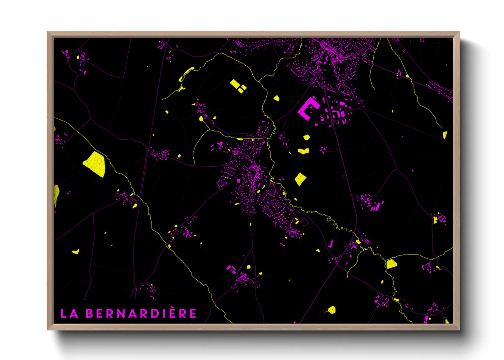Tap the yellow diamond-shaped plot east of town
pos(300,179)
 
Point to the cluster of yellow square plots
pos(238,86)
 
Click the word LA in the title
pos(69,314)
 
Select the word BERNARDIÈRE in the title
pos(141,314)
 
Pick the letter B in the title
pos(89,314)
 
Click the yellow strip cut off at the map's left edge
pos(56,195)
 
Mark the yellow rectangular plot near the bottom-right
pos(391,264)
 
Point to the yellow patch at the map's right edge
pos(445,135)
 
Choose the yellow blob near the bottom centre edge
pos(331,310)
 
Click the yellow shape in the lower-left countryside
pos(76,252)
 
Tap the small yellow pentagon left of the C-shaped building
pos(277,98)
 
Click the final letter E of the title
pos(193,314)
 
